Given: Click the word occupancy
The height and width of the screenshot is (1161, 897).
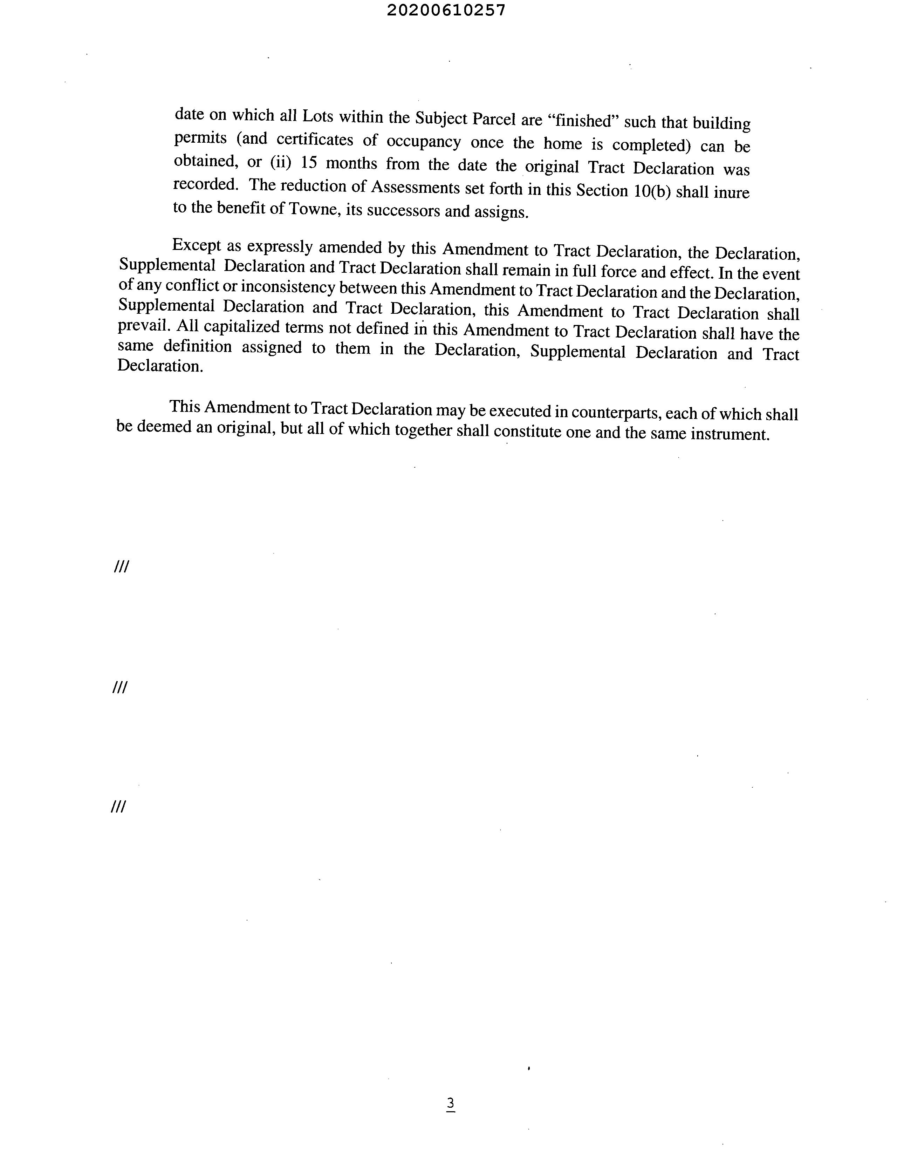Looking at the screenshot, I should click(423, 142).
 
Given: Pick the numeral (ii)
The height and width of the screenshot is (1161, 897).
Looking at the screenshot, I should click(281, 162).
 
